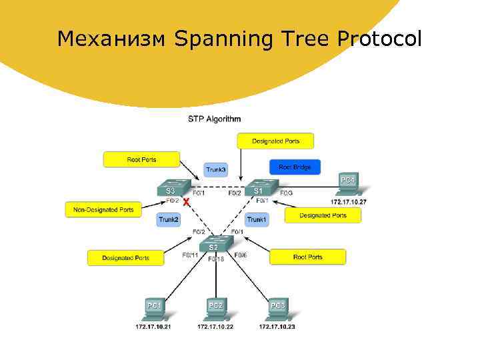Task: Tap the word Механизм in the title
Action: [111, 39]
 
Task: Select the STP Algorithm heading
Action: [214, 119]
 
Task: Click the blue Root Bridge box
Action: [295, 167]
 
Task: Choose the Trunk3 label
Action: [215, 170]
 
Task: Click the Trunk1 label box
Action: [257, 219]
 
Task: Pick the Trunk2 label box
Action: [169, 219]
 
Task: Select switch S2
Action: [214, 245]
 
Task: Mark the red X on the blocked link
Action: [186, 200]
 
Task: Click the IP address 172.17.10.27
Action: [349, 201]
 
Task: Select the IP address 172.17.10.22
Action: [215, 327]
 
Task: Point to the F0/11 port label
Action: [190, 255]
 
